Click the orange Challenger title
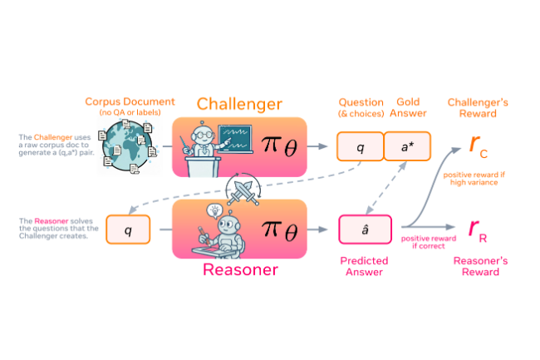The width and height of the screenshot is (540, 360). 238,104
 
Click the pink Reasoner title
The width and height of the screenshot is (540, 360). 239,269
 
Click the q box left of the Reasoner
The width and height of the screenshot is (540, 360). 130,229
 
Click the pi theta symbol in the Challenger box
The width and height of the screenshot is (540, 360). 277,145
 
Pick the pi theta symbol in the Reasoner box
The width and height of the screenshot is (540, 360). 277,228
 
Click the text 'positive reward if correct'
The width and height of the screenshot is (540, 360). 430,244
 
